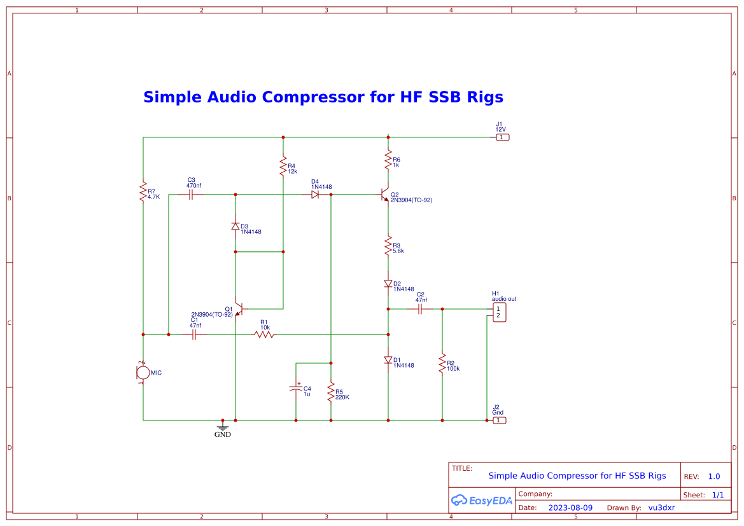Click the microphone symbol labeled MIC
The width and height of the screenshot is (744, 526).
pos(143,373)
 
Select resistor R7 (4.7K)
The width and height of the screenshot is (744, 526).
pos(143,192)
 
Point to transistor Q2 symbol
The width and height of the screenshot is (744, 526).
pos(384,195)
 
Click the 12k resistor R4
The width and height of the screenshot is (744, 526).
pos(283,167)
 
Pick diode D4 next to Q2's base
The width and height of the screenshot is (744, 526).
pos(315,195)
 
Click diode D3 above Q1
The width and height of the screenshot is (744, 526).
pos(235,226)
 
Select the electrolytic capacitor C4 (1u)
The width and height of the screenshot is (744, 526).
pos(296,389)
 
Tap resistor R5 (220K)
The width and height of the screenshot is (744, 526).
pos(331,392)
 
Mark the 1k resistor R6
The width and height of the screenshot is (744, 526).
pos(388,160)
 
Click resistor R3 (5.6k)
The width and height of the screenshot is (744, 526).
pos(388,246)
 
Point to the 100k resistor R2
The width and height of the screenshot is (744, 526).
pos(442,364)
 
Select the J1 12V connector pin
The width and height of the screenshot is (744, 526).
pos(502,137)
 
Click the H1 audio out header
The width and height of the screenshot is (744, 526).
pos(500,312)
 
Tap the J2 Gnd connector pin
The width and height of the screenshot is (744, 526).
pos(500,420)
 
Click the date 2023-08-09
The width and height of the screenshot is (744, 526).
pos(570,508)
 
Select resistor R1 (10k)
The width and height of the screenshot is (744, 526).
pos(264,335)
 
